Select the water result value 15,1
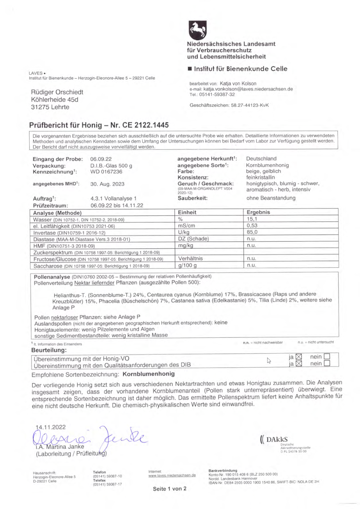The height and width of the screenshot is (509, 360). tap(251, 219)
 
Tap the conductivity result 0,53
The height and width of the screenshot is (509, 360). tap(251, 226)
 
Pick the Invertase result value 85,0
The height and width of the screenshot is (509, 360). tap(251, 232)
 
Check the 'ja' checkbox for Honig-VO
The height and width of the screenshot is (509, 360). tap(298, 358)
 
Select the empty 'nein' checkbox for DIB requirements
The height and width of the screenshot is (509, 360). tap(327, 364)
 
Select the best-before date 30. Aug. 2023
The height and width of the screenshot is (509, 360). tap(107, 184)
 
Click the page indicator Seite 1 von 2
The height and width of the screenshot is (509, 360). tap(170, 489)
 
